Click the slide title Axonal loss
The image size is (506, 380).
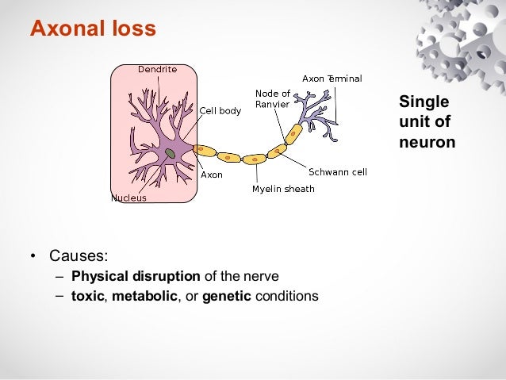[x=93, y=29]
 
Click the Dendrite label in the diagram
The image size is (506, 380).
[x=157, y=69]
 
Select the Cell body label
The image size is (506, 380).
[x=220, y=111]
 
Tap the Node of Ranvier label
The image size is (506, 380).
[x=272, y=99]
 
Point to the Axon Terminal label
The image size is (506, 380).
[x=332, y=79]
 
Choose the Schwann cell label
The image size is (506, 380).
[x=337, y=171]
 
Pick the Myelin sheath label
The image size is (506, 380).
[x=283, y=189]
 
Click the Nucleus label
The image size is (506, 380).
[x=128, y=198]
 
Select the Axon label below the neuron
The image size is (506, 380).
[x=212, y=175]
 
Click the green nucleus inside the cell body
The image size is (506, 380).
[x=170, y=153]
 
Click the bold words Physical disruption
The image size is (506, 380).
[x=136, y=277]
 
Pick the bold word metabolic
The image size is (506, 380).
[x=145, y=297]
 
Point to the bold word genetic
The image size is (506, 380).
[x=227, y=297]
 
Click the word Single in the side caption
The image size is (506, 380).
[x=424, y=102]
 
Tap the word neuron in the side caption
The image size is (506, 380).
[x=427, y=143]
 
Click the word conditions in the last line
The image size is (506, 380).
[x=286, y=297]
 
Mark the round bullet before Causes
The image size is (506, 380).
[x=33, y=257]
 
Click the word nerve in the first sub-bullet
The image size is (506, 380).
[x=263, y=277]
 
